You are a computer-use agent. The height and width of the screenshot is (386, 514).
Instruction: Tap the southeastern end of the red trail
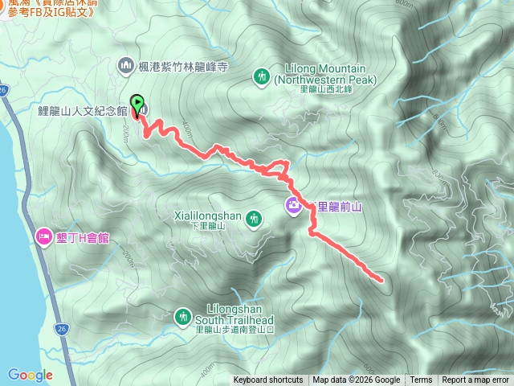point(380,279)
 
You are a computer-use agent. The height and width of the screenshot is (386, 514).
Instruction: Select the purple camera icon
point(294,206)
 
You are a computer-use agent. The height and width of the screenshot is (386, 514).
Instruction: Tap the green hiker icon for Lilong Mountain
point(261,76)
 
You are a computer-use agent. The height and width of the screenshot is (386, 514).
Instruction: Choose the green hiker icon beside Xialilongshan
point(254,218)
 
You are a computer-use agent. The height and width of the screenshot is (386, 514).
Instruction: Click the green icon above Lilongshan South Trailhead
point(183,316)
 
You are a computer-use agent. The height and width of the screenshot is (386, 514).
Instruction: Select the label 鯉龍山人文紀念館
point(83,109)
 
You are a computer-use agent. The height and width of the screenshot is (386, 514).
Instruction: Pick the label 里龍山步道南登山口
point(236,329)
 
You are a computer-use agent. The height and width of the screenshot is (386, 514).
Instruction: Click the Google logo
point(30,375)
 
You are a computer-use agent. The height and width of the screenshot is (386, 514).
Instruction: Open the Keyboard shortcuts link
point(268,380)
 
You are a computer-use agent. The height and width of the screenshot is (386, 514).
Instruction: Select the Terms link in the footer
point(421,380)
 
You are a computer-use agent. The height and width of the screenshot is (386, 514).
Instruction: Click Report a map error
point(475,380)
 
